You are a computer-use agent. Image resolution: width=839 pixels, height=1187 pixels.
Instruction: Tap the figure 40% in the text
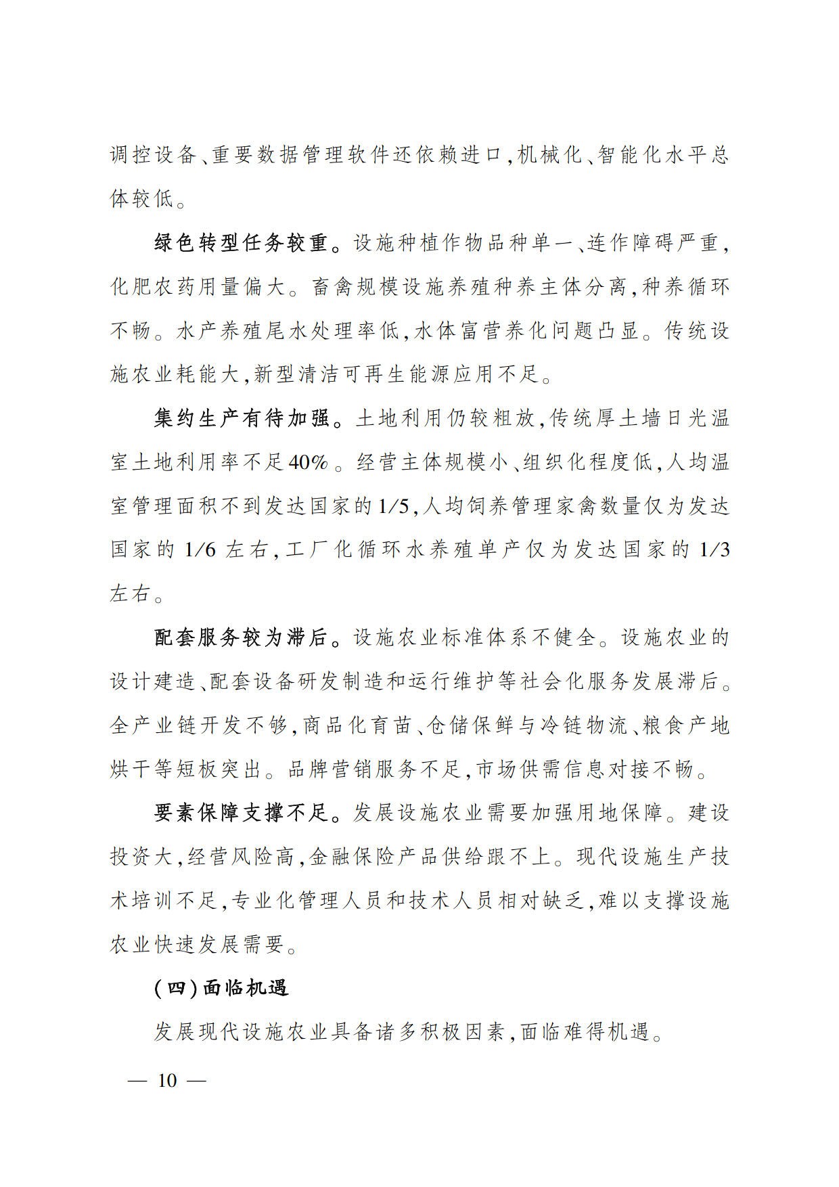(308, 463)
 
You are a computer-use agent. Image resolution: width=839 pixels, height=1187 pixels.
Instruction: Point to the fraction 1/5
(392, 507)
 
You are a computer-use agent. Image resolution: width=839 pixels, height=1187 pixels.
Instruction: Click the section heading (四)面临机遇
(221, 988)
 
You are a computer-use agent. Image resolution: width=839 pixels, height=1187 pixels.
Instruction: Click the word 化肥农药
(155, 288)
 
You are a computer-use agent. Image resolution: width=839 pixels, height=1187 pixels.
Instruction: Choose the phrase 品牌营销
(332, 769)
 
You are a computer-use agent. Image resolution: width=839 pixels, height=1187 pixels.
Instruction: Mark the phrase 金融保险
(354, 857)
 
